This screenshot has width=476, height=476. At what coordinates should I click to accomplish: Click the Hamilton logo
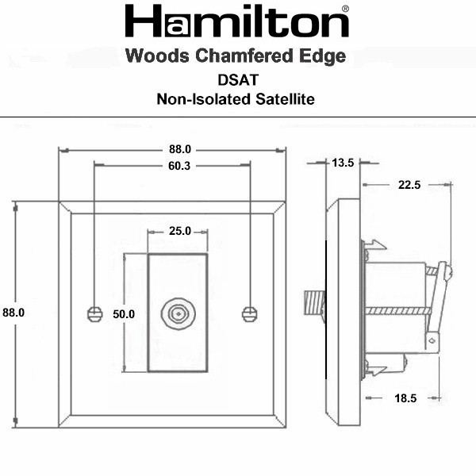(x=236, y=21)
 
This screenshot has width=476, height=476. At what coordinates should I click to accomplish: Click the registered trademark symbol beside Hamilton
(x=345, y=9)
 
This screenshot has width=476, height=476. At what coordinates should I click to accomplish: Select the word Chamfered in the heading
(x=244, y=56)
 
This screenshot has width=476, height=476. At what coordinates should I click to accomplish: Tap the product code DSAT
(x=238, y=80)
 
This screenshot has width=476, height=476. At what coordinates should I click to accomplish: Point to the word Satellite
(x=285, y=99)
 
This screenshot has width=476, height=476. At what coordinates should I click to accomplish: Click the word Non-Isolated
(x=204, y=99)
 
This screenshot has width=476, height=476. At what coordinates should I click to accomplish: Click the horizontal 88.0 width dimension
(x=180, y=149)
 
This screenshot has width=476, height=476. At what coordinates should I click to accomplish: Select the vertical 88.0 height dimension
(x=13, y=313)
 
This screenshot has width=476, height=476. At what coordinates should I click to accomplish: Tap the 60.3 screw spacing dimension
(x=179, y=166)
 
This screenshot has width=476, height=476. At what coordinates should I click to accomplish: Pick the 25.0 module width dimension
(x=180, y=231)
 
